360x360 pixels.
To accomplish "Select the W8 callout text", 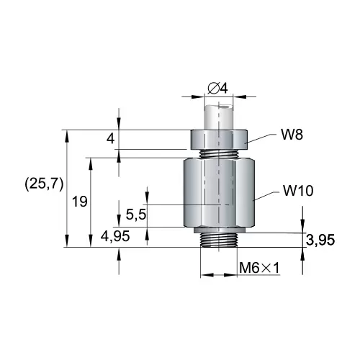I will pos(291,134).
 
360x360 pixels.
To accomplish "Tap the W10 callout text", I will pos(297,191).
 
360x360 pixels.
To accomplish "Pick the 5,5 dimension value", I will pos(135,214).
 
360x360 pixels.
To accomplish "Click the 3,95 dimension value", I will pos(320,240).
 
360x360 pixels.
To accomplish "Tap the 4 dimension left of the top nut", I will pos(110,138).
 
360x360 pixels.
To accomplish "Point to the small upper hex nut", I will pos(220,138).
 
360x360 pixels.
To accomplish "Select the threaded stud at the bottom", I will pos(219,238).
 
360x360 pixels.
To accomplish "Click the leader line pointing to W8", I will pos(263,139).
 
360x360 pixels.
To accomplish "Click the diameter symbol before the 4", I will pos(212,88).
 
